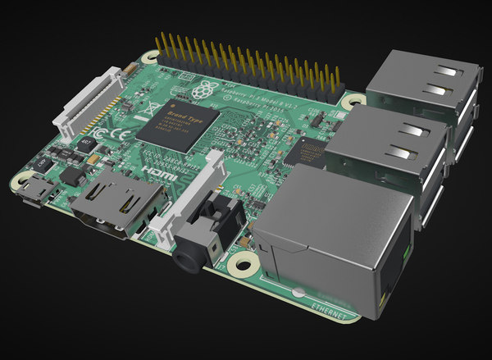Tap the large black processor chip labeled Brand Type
coord(177,124)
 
